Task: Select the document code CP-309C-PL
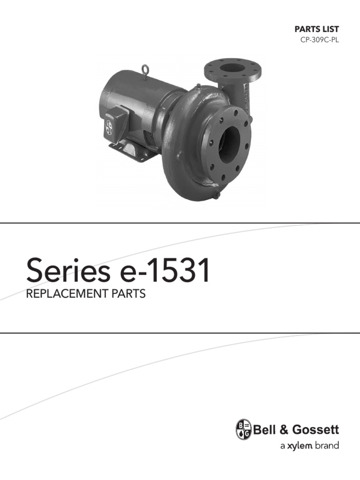coord(319,40)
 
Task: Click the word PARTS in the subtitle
coord(127,294)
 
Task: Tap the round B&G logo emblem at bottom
coord(243,429)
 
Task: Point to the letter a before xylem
coord(282,446)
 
